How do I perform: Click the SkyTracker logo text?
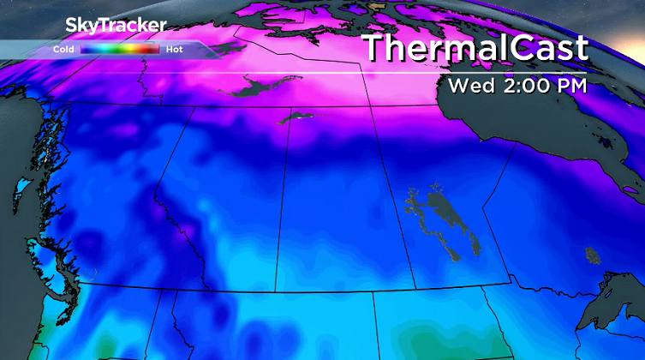coord(115,25)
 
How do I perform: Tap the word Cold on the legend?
coord(62,50)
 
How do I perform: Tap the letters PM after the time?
coord(569,86)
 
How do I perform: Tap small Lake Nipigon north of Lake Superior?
coord(590,254)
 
